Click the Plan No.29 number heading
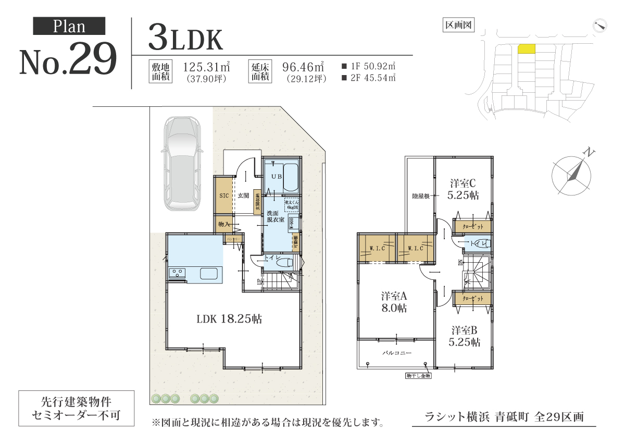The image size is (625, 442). [x=69, y=62]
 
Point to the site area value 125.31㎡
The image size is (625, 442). [x=207, y=67]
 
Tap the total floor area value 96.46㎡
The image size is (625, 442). [x=303, y=67]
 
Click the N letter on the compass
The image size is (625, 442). [x=589, y=153]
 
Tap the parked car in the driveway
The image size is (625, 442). [x=180, y=163]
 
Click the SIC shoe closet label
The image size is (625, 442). [x=224, y=195]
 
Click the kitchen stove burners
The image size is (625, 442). [x=177, y=273]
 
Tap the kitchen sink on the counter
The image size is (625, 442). [x=210, y=274]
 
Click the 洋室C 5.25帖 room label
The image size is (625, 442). [x=464, y=189]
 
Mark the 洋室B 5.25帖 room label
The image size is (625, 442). [x=464, y=336]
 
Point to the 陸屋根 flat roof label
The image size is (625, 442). [x=420, y=196]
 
